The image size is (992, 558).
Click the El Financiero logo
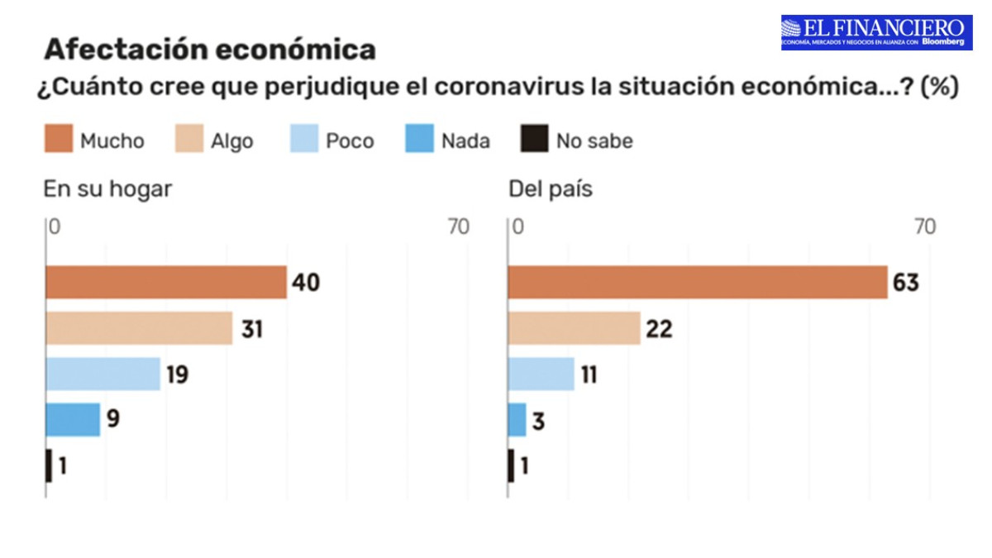coord(877,31)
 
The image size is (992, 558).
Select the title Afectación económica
coord(210,50)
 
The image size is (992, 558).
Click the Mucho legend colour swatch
coord(58,141)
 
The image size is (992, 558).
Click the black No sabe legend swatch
coord(534,141)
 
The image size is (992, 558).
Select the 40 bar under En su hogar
coord(165,282)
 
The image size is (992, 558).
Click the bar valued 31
coord(139,328)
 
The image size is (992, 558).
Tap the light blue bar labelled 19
coord(103,374)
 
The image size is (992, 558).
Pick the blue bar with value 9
coord(73,420)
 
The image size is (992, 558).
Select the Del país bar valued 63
coord(697,282)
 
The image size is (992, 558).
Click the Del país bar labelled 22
coord(574,328)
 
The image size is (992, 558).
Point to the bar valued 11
coord(541,374)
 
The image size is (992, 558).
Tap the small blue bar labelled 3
coord(517,420)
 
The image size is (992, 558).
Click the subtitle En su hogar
coord(107,189)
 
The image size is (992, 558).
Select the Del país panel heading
coord(550,189)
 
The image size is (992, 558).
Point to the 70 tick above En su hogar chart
coord(458,227)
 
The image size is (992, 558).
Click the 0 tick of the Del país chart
coord(518,227)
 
